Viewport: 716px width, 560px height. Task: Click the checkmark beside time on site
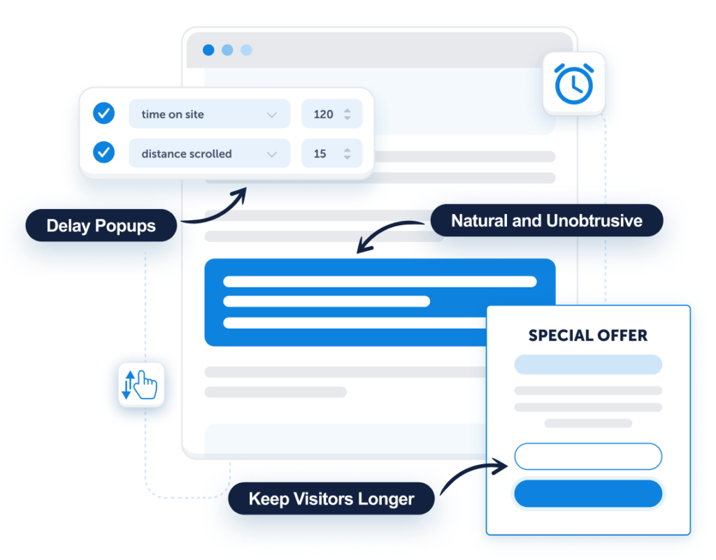click(103, 113)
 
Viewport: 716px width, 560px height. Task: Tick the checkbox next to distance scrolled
click(103, 152)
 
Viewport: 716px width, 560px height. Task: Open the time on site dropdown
click(209, 114)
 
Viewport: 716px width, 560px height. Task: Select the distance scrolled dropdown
click(209, 153)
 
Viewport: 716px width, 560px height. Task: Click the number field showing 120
click(332, 114)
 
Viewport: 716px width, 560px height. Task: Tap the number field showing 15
click(332, 153)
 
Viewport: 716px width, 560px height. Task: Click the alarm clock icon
click(574, 83)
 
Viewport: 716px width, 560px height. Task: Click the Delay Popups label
click(101, 225)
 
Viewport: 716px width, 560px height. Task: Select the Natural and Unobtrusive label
click(547, 220)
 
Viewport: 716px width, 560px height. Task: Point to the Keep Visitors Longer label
click(331, 498)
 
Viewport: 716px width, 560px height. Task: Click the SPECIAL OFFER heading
click(587, 336)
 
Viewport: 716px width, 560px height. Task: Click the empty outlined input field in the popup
click(588, 456)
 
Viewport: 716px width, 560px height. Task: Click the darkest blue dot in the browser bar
click(208, 50)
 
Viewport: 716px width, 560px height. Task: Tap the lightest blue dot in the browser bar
click(246, 50)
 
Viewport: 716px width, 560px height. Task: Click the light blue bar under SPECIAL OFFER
click(588, 365)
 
